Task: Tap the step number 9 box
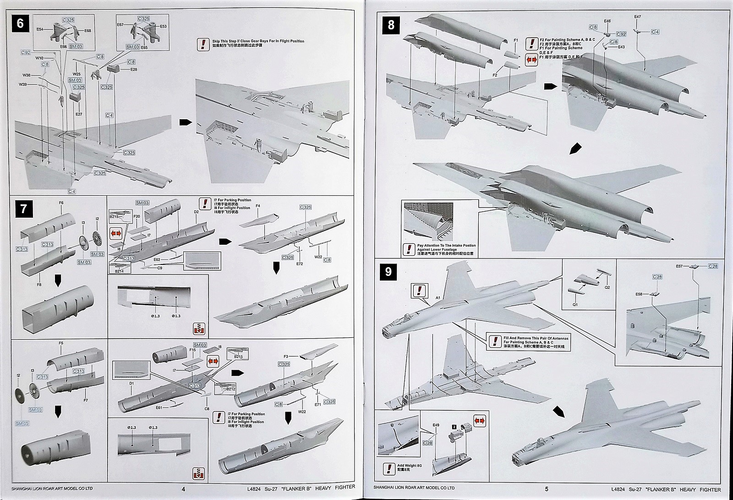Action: click(388, 271)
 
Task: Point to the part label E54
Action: click(40, 29)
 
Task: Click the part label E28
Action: click(134, 69)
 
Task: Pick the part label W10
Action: click(39, 58)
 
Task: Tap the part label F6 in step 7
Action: click(61, 203)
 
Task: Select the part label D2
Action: click(196, 212)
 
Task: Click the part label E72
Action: click(300, 264)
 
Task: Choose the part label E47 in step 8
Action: click(637, 17)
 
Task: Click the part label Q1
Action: click(575, 304)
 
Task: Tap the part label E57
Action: click(679, 266)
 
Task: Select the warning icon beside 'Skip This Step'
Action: click(202, 44)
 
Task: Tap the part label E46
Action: click(607, 21)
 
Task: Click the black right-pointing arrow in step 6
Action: click(185, 122)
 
